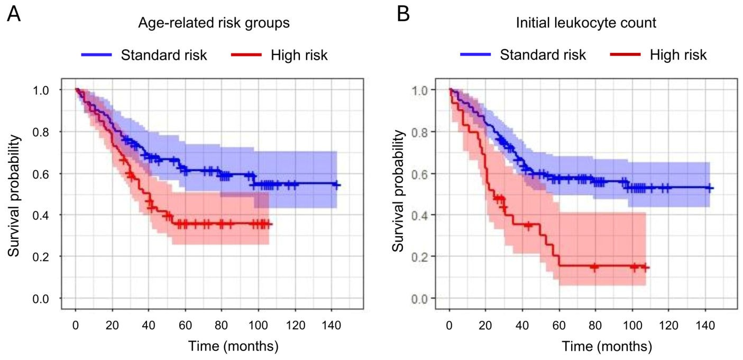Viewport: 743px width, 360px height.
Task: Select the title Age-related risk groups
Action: (x=214, y=23)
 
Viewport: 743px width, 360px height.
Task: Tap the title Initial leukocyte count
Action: (x=586, y=23)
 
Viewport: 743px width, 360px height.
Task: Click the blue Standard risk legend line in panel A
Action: (x=97, y=54)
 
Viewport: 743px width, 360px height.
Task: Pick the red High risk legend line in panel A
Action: (x=246, y=54)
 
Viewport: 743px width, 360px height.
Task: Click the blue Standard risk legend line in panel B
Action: (x=475, y=54)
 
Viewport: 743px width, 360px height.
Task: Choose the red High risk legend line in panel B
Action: (x=626, y=54)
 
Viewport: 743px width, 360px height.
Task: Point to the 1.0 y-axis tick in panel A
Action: (x=41, y=90)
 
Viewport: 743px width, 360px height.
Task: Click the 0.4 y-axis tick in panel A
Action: (x=41, y=216)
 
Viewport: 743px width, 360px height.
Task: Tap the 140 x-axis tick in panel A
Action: (x=332, y=325)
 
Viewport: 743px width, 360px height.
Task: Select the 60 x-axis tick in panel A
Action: (x=185, y=325)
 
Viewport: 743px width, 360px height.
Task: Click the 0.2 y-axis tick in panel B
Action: (x=419, y=257)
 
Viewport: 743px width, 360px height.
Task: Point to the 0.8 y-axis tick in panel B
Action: (x=419, y=132)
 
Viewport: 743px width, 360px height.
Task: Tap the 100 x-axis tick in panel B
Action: (x=632, y=325)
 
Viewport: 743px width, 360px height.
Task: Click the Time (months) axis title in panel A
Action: (x=233, y=346)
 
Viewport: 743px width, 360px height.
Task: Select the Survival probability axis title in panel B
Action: (x=398, y=191)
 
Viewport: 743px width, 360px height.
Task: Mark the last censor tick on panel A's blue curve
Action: (x=336, y=185)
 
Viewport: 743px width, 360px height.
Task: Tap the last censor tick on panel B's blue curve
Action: (x=710, y=188)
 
